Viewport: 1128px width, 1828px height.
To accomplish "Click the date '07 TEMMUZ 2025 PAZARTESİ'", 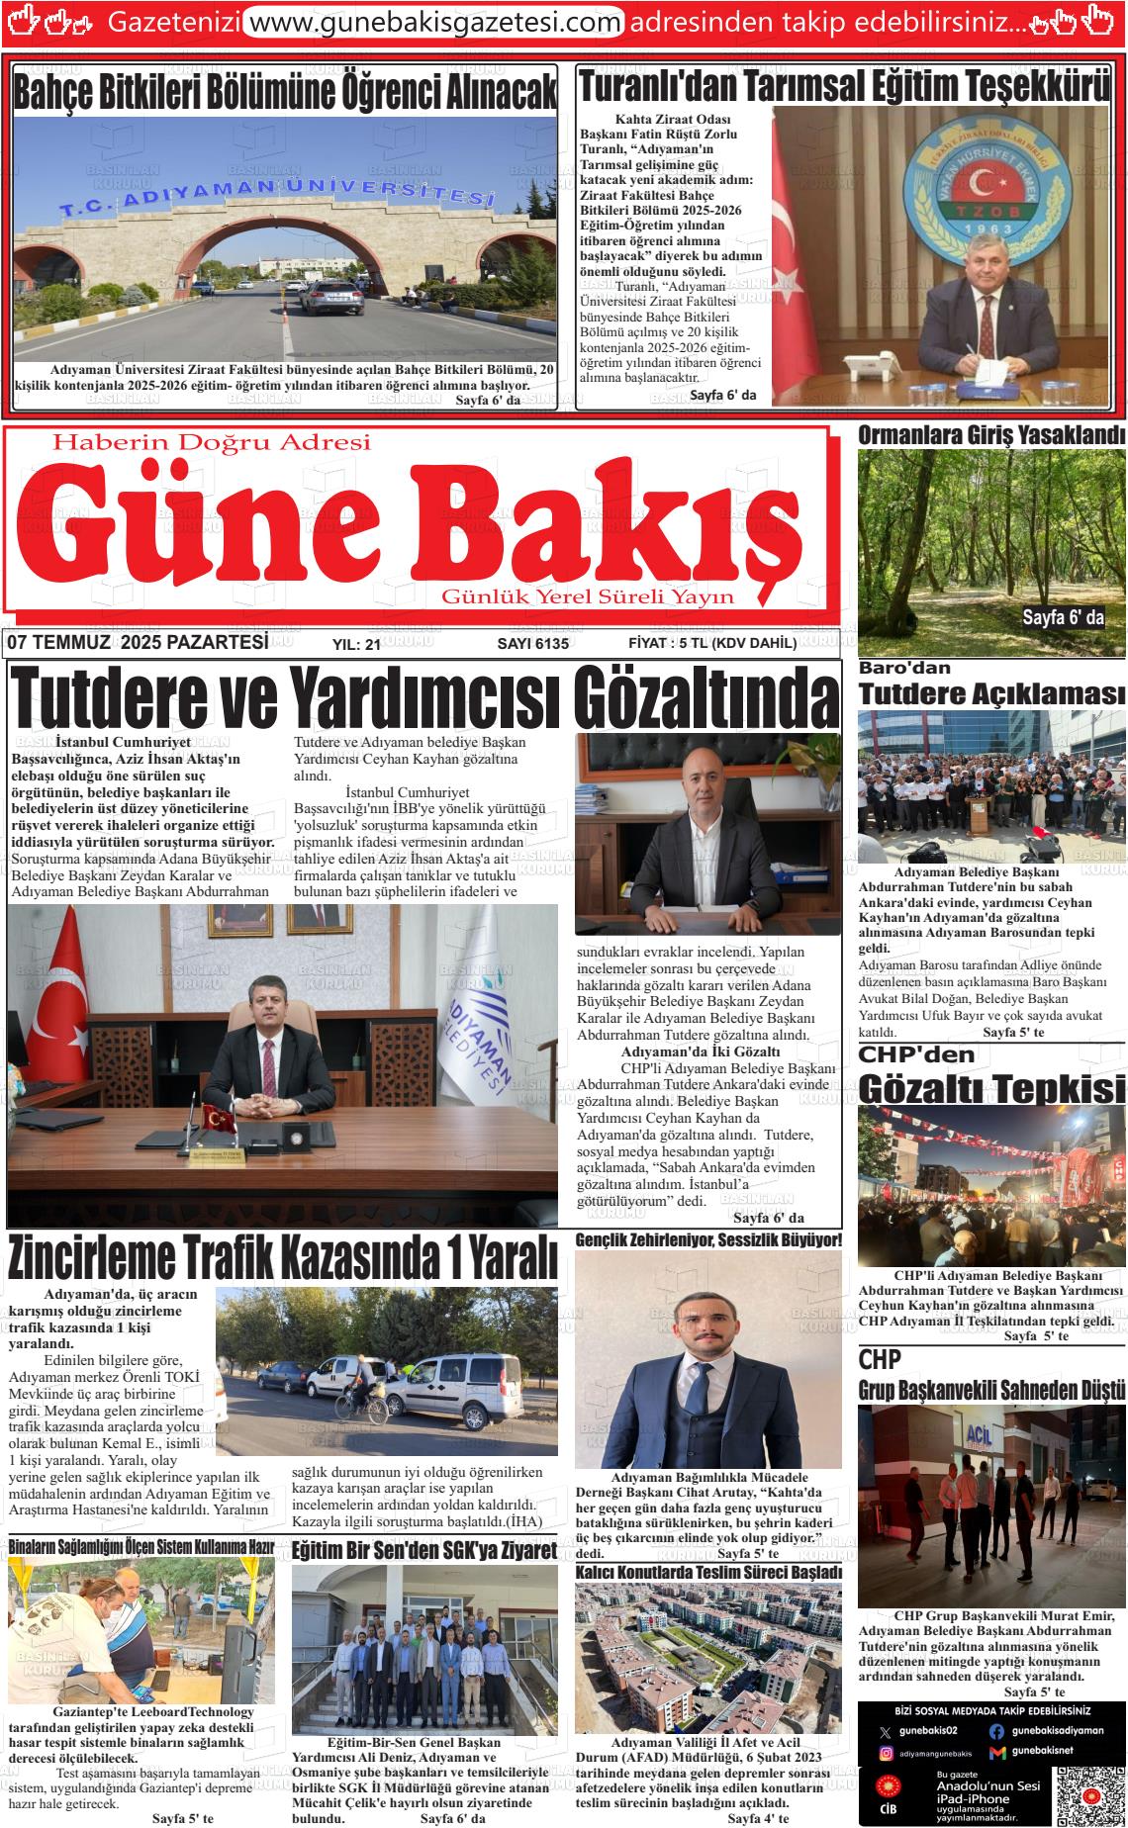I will coord(138,643).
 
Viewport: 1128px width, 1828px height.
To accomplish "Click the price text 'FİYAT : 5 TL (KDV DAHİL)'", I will coord(712,644).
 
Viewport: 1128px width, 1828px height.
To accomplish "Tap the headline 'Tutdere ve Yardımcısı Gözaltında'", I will coord(423,697).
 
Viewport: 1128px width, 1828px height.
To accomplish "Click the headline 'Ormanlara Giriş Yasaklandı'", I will coord(991,435).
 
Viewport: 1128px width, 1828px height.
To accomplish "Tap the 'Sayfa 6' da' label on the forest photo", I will coord(1063,618).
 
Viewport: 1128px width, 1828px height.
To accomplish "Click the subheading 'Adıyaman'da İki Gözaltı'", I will coord(701,1051).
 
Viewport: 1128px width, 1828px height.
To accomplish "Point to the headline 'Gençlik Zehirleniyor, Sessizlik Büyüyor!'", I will coord(708,1239).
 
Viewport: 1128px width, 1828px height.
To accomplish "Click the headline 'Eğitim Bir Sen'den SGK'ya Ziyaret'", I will coord(424,1550).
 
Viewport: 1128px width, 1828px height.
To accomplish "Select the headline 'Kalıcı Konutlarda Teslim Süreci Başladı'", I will coord(708,1572).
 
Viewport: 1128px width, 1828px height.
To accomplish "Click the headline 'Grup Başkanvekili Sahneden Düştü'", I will coord(991,1390).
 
